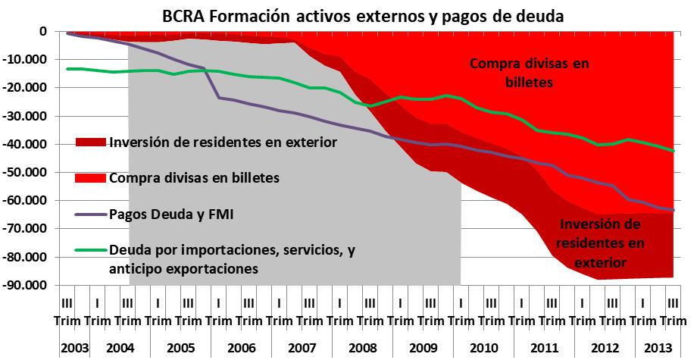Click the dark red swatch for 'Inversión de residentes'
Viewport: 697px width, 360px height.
[x=91, y=142]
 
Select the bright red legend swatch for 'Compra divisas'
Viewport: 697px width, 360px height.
[x=91, y=179]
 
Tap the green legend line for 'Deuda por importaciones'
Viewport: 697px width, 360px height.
[x=91, y=249]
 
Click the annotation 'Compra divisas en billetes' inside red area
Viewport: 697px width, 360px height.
[x=529, y=73]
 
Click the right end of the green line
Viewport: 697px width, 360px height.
[x=674, y=151]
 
